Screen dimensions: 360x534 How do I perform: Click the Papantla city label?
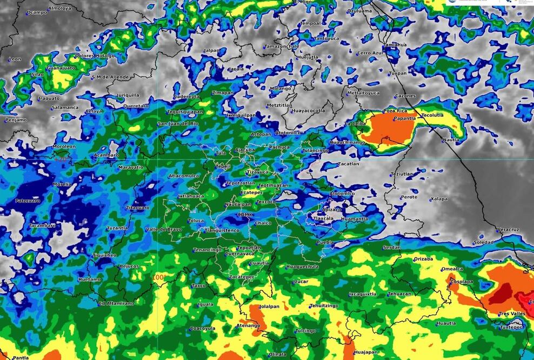(x=405, y=118)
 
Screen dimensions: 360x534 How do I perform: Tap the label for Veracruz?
(x=508, y=230)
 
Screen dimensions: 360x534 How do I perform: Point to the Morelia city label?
(x=62, y=184)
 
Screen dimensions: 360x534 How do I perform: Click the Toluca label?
(x=196, y=221)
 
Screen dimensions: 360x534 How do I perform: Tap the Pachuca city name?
(x=279, y=147)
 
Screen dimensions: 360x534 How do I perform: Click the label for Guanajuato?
(x=61, y=68)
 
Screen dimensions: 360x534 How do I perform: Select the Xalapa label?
(x=439, y=199)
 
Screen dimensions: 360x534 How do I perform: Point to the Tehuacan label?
(x=399, y=294)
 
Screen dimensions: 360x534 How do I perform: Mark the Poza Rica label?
(x=395, y=111)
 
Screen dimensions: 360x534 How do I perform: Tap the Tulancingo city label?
(x=315, y=150)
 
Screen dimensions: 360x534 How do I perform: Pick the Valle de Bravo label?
(x=164, y=229)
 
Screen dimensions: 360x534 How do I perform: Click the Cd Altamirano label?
(x=116, y=304)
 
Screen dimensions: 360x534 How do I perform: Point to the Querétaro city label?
(x=136, y=106)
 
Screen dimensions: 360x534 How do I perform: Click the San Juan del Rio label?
(x=178, y=124)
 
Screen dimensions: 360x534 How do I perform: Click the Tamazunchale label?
(x=281, y=46)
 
